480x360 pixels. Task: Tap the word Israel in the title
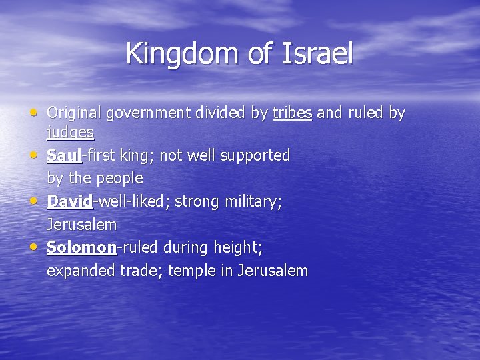point(313,53)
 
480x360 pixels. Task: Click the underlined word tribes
point(293,113)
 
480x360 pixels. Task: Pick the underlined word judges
point(70,133)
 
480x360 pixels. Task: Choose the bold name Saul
point(63,155)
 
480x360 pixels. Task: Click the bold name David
point(69,201)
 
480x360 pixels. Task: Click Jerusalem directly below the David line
point(81,225)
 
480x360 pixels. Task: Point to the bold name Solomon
point(81,247)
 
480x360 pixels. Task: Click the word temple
point(193,271)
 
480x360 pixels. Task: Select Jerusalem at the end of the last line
point(273,271)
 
